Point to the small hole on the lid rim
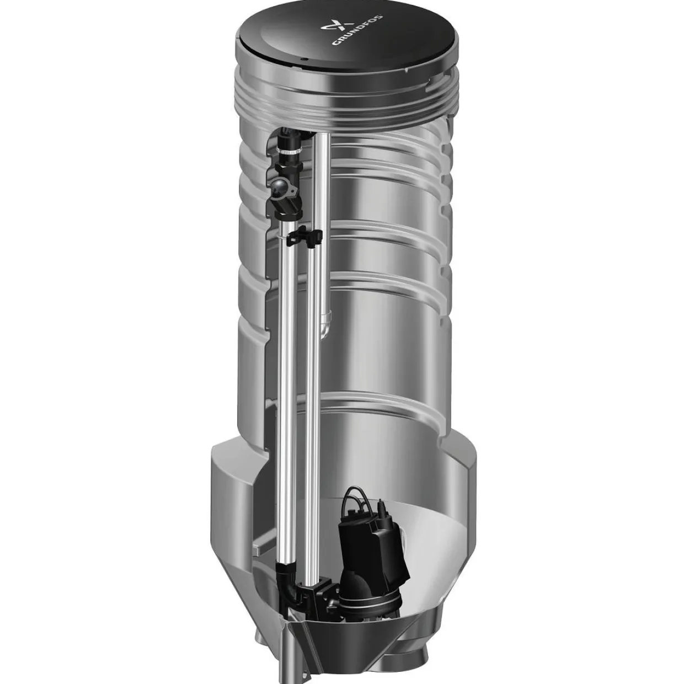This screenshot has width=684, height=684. pyautogui.click(x=302, y=58)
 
